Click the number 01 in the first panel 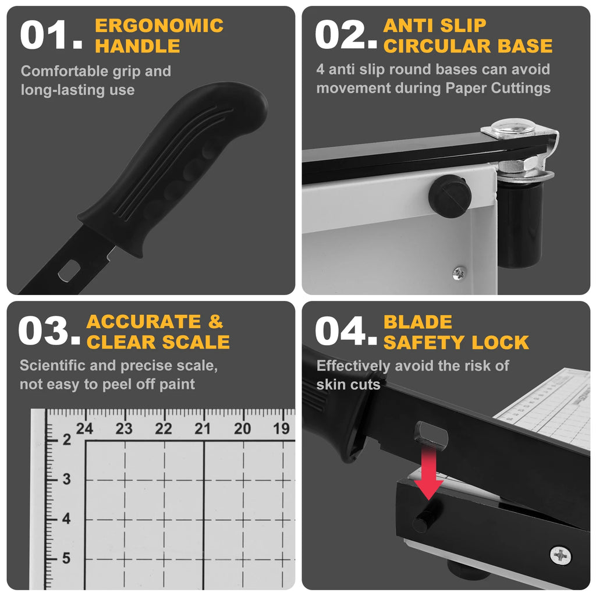51,34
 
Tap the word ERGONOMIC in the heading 159,26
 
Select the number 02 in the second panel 346,34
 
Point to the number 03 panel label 49,331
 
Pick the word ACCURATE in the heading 144,321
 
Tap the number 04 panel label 346,331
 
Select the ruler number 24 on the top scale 84,429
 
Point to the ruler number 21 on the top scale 203,429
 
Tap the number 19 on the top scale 281,429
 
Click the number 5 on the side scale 66,558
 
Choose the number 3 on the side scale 66,479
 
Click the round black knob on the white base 450,197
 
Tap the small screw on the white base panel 459,272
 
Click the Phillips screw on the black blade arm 560,556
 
